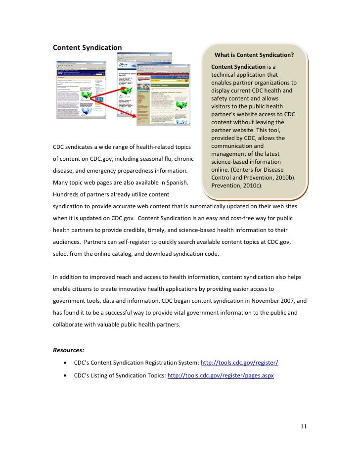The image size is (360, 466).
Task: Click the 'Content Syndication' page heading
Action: (x=87, y=47)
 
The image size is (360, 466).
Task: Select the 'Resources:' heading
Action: (x=70, y=350)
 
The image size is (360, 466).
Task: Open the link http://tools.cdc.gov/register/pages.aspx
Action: (x=221, y=375)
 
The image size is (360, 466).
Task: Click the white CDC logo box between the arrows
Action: (x=100, y=99)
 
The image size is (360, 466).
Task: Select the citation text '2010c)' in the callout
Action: (x=252, y=186)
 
